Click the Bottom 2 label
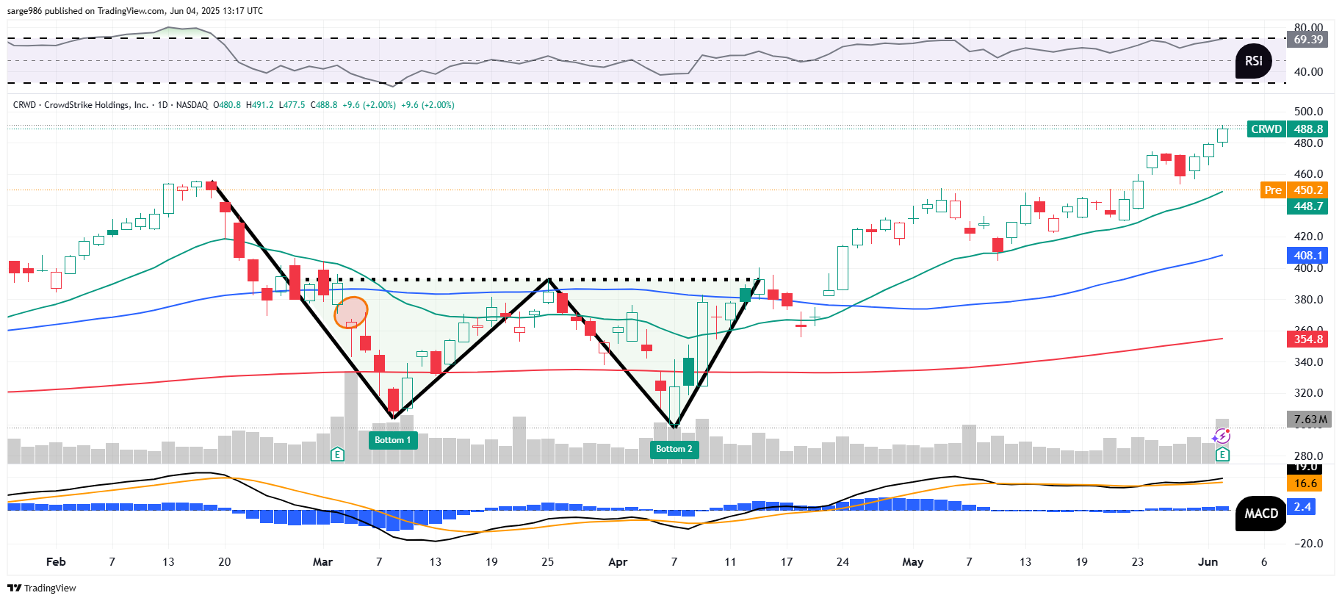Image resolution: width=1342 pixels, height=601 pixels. tap(674, 449)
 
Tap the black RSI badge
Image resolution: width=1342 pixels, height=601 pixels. tap(1254, 61)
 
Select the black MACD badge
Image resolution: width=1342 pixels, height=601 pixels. tap(1260, 514)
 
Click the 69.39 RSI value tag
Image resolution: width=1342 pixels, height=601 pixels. tap(1307, 40)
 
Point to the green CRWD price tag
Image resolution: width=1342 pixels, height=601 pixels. tap(1266, 129)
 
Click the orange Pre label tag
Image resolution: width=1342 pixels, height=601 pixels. tap(1273, 190)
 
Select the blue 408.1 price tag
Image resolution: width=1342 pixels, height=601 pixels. tap(1307, 256)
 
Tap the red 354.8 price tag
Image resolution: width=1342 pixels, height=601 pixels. tap(1307, 339)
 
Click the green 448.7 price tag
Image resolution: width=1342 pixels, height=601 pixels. tap(1307, 206)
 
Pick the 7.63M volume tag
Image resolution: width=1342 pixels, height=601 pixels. tap(1309, 420)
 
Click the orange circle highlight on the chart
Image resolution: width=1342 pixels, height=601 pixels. tap(350, 312)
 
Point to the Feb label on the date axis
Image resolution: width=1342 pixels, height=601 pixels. tap(56, 562)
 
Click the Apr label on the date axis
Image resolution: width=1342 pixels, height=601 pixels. tap(618, 562)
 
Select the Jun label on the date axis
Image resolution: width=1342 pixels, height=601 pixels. tap(1208, 562)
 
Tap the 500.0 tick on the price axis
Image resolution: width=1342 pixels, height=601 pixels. tap(1308, 112)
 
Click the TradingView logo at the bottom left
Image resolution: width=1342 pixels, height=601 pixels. tap(42, 588)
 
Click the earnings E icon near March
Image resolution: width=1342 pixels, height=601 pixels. tap(337, 454)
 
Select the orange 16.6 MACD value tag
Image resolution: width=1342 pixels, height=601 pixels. tap(1305, 483)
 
